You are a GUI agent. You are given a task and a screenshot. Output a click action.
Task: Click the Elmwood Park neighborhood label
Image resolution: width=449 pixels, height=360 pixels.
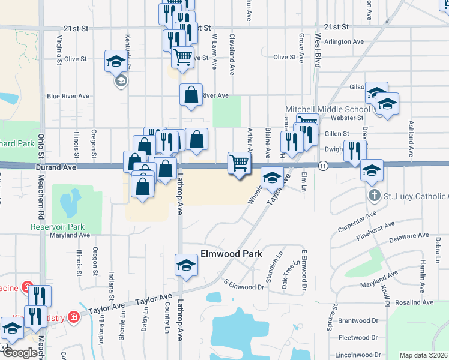223,254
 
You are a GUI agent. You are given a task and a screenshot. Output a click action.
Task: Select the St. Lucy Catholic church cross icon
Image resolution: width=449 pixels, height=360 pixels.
373,196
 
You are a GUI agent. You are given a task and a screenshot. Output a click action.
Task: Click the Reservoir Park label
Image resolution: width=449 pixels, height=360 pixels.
58,227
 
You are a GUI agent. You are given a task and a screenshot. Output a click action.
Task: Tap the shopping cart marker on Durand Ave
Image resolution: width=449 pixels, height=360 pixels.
240,163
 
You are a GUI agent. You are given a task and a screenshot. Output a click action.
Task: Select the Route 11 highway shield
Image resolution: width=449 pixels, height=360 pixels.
323,166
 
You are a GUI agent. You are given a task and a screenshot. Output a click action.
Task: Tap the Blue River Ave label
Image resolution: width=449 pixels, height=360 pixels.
68,96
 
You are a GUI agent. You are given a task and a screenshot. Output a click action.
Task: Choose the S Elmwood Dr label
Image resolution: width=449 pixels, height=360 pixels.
244,284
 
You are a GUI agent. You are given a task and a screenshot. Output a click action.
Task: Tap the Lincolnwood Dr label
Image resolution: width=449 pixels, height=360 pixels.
359,354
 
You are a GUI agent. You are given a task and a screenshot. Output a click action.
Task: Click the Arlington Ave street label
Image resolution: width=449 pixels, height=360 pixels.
345,42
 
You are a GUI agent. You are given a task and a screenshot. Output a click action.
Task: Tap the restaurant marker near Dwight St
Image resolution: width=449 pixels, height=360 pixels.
355,151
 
